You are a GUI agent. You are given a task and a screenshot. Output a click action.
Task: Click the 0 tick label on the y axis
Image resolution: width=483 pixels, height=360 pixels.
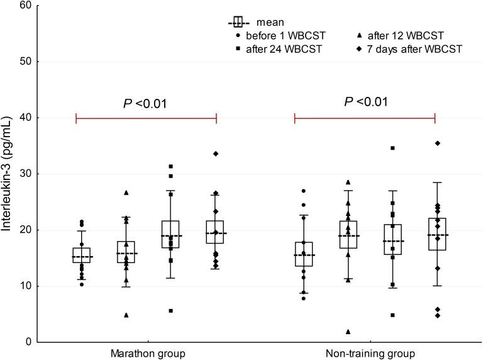tap(29, 342)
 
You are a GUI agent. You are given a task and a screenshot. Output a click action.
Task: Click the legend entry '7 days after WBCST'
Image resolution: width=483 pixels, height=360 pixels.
tap(409, 49)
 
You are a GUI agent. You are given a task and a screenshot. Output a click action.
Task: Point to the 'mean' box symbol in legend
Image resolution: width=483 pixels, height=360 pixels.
tap(238, 22)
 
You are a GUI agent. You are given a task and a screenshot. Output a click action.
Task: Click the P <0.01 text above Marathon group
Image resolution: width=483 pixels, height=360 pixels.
tap(146, 103)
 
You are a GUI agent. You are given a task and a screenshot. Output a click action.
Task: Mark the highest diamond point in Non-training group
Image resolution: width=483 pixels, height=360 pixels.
tap(437, 143)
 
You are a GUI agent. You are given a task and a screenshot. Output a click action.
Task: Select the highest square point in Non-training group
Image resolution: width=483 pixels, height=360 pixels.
tap(392, 148)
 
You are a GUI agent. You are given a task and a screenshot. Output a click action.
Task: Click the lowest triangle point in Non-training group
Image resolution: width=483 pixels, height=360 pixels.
tap(348, 332)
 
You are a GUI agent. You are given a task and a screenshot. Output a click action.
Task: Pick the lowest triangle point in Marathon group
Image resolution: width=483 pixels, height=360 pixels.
tap(126, 315)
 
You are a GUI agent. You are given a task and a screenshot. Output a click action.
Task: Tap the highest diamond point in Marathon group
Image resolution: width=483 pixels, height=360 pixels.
tap(216, 153)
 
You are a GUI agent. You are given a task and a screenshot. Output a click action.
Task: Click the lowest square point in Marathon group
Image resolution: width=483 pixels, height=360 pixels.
tap(170, 310)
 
